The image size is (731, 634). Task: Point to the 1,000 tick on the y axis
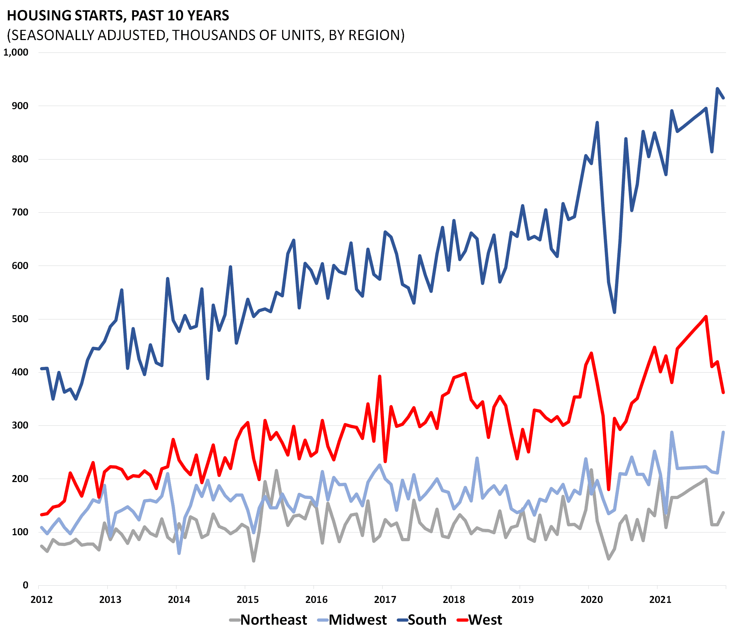(x=16, y=52)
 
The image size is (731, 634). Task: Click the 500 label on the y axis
(x=20, y=319)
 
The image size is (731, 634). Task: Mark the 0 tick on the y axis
(x=26, y=585)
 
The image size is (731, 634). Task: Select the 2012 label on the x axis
(x=41, y=600)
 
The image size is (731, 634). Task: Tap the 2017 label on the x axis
(x=385, y=600)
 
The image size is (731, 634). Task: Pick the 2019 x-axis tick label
(x=522, y=600)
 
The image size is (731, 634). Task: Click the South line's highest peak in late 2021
(x=717, y=88)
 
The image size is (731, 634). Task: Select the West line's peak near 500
(x=706, y=316)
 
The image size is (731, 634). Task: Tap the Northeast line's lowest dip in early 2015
(x=254, y=561)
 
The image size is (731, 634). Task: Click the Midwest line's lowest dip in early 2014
(x=180, y=553)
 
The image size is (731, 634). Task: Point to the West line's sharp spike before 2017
(x=379, y=376)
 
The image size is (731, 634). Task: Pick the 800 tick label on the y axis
(x=20, y=159)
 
